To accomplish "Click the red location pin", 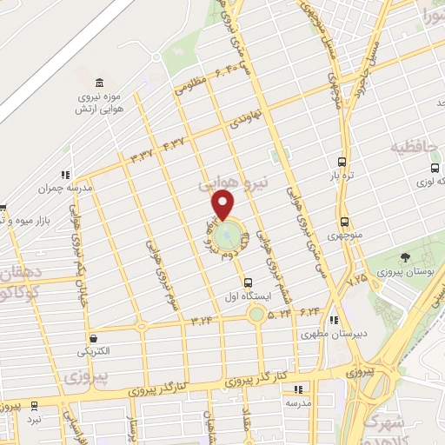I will [223, 205].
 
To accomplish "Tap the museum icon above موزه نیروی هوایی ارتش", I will [100, 81].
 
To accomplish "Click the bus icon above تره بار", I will [342, 163].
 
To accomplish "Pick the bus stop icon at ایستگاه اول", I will [248, 282].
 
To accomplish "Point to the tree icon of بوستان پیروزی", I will [405, 256].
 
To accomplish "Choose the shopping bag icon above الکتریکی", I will [93, 338].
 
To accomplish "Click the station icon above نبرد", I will [34, 405].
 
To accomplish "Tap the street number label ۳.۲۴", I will [199, 320].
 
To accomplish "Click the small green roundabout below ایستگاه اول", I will [255, 313].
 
